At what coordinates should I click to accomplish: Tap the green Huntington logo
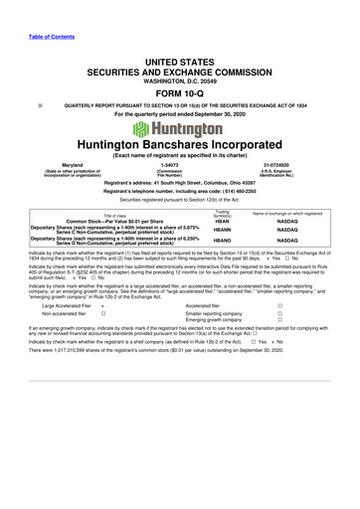179,129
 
